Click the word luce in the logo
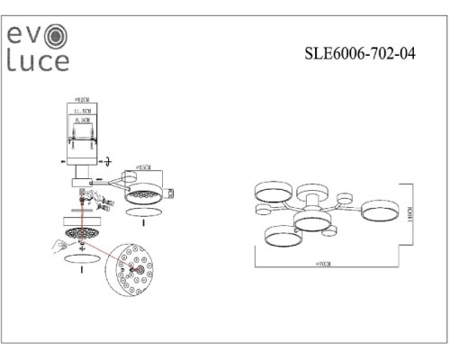click(37, 61)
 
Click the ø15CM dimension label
click(140, 168)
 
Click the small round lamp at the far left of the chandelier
click(263, 211)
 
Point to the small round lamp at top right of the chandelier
click(343, 198)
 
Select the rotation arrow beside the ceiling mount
click(106, 163)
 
